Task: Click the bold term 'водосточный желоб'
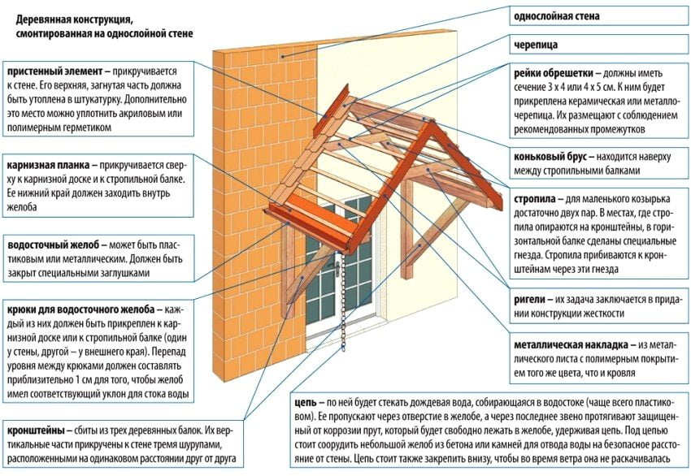53,244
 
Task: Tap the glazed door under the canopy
350,268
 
